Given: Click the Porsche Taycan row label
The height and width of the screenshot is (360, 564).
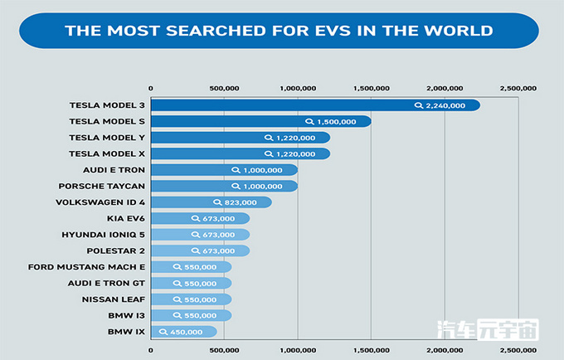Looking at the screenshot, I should pos(108,186).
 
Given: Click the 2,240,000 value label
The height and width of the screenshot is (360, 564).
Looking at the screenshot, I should pos(447,105).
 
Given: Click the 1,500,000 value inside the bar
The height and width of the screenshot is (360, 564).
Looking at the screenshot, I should pos(337,122).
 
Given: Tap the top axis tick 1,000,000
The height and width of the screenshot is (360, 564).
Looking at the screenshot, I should pos(297,86).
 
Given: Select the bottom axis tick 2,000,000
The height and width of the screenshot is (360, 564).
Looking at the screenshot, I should pos(445,349).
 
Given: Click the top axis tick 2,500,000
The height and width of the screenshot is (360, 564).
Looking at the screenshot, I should pos(518,86).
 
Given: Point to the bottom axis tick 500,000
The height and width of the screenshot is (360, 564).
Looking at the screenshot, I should pos(223,349).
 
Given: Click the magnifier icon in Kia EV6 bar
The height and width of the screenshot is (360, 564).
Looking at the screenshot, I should pos(197,219).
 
